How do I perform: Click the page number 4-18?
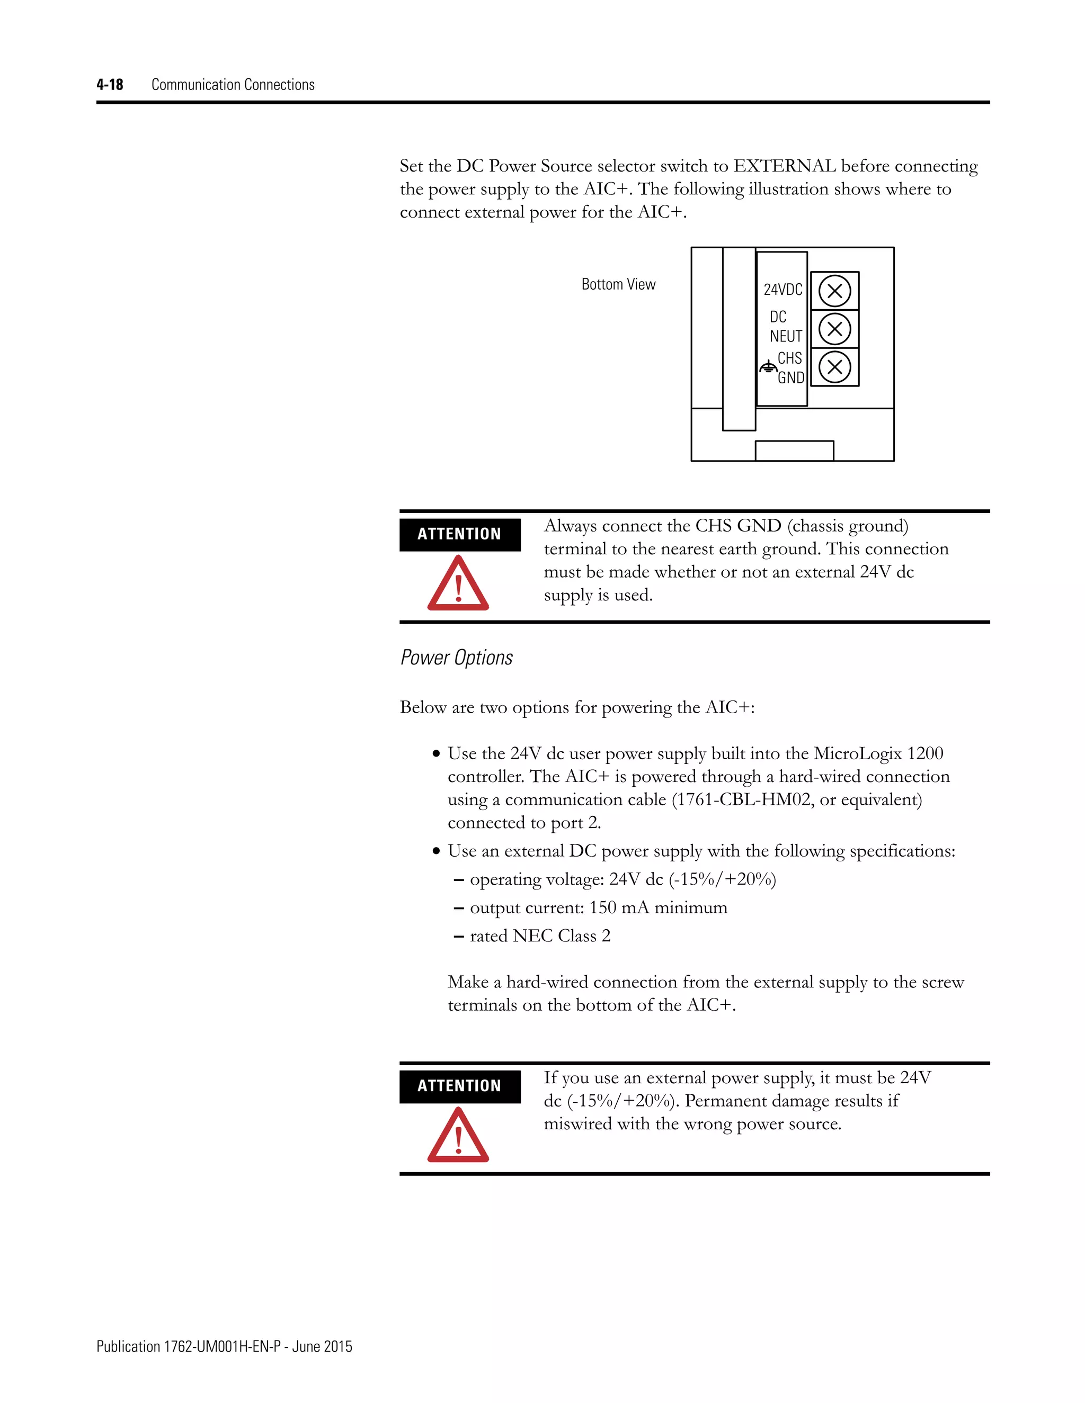click(x=110, y=85)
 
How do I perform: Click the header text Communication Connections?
click(x=233, y=85)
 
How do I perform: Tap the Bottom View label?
click(x=618, y=285)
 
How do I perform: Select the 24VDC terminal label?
click(x=783, y=290)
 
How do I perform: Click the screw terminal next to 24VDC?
click(x=835, y=291)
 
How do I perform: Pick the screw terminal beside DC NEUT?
click(x=835, y=329)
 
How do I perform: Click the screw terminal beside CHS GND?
click(x=835, y=367)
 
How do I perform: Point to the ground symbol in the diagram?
click(x=768, y=368)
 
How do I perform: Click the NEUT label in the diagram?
click(x=786, y=337)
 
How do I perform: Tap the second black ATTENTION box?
click(x=459, y=1086)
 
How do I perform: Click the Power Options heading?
click(x=456, y=658)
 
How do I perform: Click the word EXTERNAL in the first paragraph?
click(x=785, y=166)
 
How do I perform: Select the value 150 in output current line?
click(x=603, y=907)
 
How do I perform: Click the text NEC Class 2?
click(x=561, y=936)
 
